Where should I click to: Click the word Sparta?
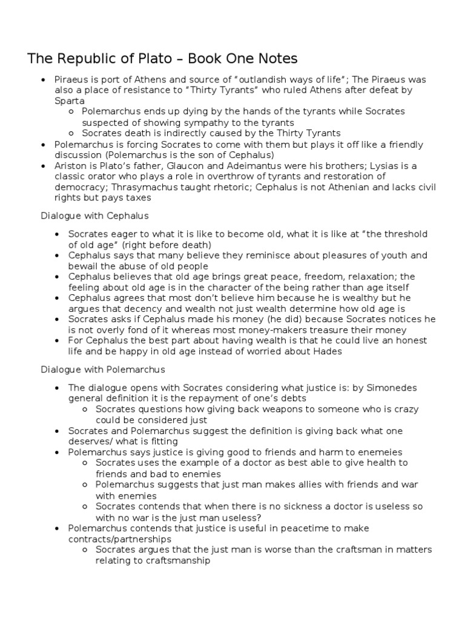70,101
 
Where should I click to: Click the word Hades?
328,351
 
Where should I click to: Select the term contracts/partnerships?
120,539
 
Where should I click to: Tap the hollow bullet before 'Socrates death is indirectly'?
71,133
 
